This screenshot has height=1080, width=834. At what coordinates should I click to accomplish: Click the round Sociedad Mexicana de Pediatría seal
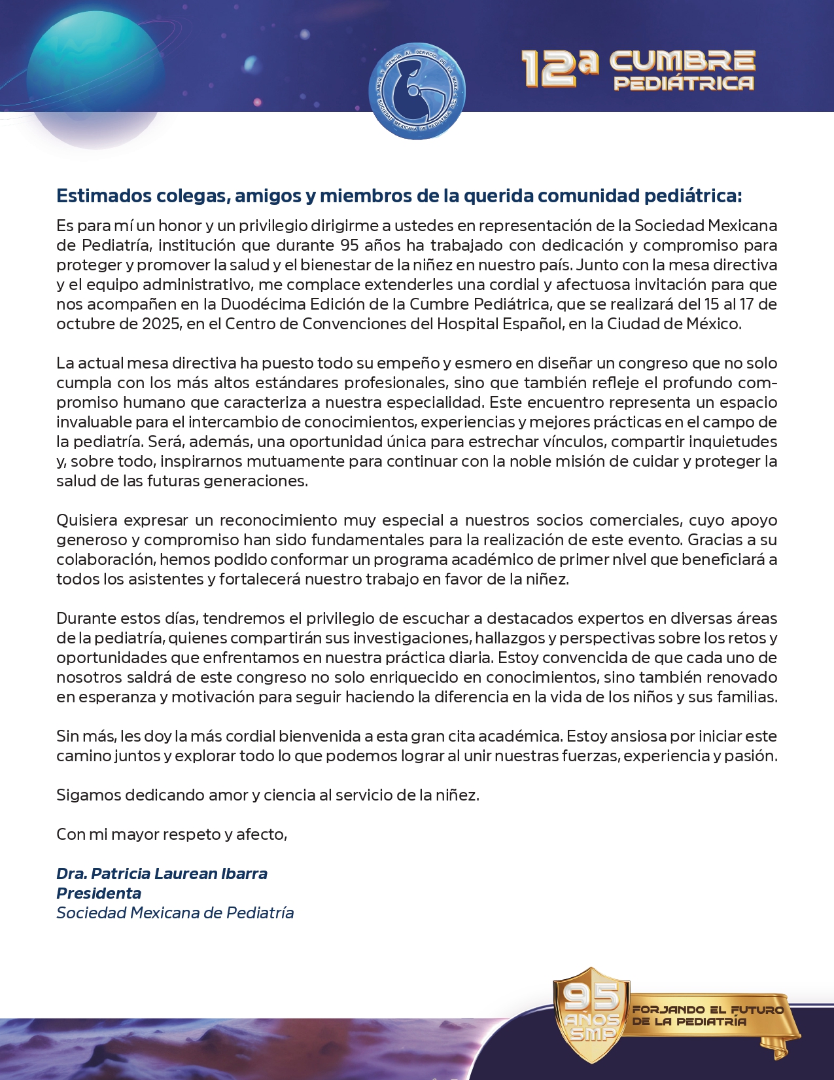click(417, 91)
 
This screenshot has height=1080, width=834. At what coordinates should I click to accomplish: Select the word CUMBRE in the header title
click(682, 61)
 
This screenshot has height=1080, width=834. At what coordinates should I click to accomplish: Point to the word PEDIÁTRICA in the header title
click(684, 83)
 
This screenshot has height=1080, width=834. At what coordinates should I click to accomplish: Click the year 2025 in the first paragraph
click(162, 324)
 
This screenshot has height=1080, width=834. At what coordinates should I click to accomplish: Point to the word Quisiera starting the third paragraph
click(87, 520)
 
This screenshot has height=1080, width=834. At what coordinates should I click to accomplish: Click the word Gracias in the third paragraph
click(714, 540)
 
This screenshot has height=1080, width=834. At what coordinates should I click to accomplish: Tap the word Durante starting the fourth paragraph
click(86, 619)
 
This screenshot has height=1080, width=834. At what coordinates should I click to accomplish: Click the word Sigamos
click(88, 795)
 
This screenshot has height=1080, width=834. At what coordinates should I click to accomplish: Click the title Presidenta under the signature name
click(99, 893)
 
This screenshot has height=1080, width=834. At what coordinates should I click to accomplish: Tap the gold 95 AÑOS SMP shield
click(591, 1015)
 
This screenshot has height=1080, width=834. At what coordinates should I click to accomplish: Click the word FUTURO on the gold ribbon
click(756, 1010)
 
